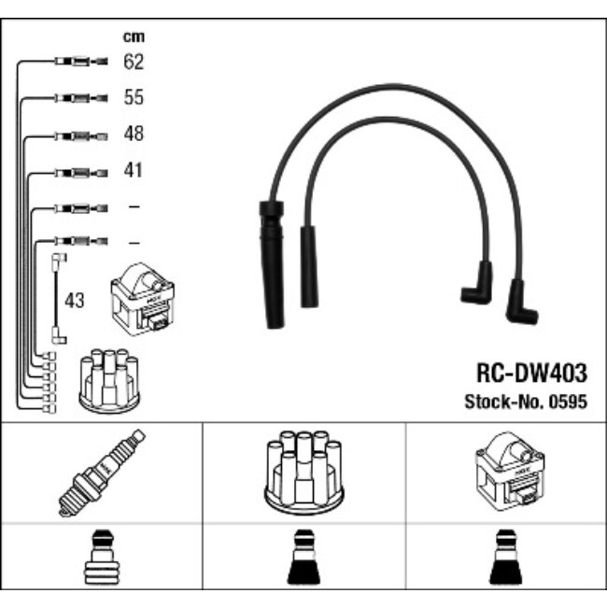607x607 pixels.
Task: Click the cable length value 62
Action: click(x=134, y=63)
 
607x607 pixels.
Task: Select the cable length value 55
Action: click(x=134, y=98)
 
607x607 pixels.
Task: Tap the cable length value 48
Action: click(x=134, y=134)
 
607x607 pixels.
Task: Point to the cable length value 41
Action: click(x=134, y=171)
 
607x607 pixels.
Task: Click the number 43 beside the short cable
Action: click(x=76, y=301)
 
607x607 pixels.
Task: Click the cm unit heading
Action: click(x=134, y=37)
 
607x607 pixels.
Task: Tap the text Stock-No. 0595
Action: click(x=526, y=402)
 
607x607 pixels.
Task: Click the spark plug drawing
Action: click(x=101, y=473)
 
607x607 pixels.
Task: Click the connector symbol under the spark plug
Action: click(x=101, y=560)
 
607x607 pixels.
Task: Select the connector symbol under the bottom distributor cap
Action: click(x=303, y=560)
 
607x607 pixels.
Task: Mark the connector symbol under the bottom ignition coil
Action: click(x=506, y=560)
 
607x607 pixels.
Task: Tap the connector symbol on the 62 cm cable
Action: click(x=80, y=63)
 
